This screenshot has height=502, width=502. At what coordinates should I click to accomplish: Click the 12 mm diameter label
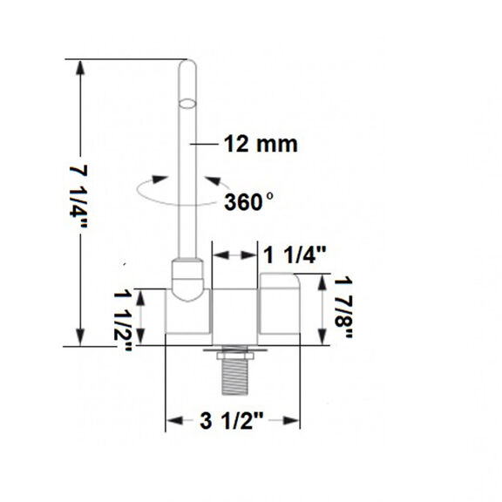pos(261,144)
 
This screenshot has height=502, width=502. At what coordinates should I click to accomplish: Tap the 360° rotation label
pos(248,201)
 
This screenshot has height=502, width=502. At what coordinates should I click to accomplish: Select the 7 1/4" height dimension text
pos(78,196)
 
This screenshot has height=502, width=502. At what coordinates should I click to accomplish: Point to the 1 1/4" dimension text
pos(295,255)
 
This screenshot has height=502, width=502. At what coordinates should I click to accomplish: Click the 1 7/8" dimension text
pos(343,307)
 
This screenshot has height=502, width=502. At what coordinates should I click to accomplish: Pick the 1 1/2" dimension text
pos(123,321)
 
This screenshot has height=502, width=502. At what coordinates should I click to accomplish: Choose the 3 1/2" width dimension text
pos(232,420)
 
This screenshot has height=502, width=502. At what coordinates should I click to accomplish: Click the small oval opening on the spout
pos(187,104)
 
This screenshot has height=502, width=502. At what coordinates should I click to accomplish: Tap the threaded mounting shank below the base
pos(234,376)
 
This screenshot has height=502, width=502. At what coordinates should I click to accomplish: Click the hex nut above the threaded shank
pos(234,356)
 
